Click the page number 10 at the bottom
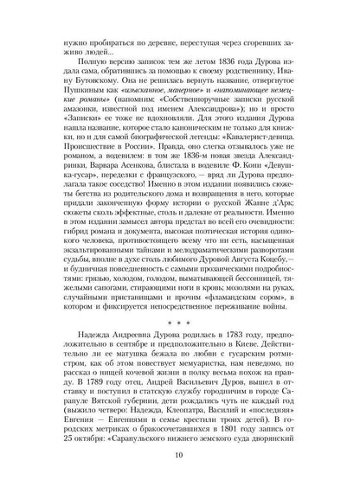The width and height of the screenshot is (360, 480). [x=180, y=456]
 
